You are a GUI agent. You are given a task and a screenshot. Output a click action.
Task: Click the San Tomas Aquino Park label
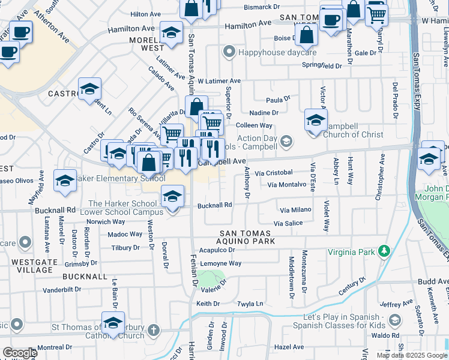(247, 237)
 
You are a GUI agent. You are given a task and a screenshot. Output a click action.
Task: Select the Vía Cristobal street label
(273, 173)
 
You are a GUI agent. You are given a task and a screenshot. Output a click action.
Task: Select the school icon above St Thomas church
(113, 323)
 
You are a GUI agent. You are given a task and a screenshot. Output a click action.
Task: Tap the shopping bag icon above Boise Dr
(307, 35)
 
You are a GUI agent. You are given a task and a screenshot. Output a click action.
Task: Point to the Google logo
(20, 353)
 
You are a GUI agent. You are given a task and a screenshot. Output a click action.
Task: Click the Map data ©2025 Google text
(412, 355)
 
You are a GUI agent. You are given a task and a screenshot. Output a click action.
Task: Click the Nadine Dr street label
(267, 113)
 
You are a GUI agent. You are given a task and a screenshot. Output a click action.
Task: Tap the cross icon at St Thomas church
(154, 329)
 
